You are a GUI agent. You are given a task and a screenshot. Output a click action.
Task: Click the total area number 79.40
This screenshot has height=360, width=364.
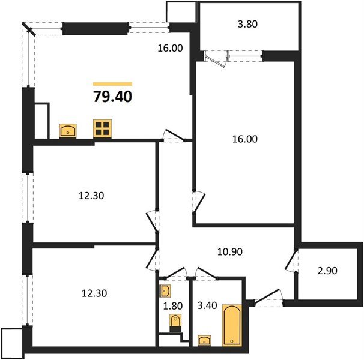click(113, 96)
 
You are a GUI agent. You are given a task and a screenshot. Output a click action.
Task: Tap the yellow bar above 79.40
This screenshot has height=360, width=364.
click(113, 83)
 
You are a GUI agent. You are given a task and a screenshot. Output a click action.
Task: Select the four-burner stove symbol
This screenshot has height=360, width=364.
click(103, 129)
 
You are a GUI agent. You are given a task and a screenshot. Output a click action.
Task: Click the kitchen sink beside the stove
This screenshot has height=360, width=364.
click(67, 130)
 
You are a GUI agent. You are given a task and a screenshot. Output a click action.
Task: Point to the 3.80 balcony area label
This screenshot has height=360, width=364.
click(248, 26)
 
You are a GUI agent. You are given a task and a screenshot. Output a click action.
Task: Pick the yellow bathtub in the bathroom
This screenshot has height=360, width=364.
click(231, 325)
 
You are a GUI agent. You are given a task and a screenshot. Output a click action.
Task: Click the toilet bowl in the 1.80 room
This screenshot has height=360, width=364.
click(175, 322)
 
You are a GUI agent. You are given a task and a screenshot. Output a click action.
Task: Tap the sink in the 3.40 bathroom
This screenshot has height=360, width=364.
click(205, 340)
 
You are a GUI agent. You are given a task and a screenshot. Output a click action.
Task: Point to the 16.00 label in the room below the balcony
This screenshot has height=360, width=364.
click(244, 139)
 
